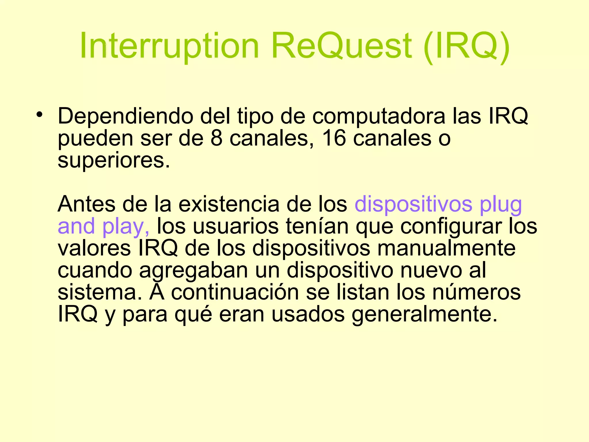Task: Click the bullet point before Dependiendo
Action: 39,115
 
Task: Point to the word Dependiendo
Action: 125,116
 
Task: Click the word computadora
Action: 378,116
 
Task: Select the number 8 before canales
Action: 217,138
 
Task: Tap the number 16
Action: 334,138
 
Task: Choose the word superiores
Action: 114,161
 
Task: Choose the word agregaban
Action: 194,271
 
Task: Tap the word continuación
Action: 235,292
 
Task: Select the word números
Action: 476,292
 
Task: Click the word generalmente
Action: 424,315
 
